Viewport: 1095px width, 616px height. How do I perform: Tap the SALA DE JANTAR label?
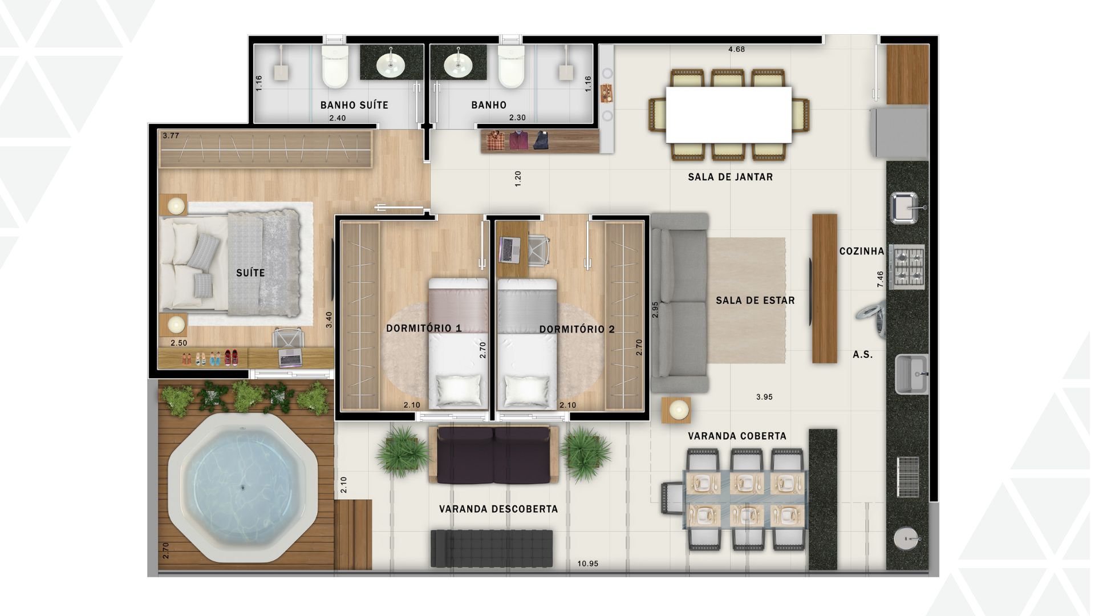pos(730,177)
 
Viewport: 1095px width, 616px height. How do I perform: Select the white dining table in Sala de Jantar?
pos(728,115)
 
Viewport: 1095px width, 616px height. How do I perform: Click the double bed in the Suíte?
pos(230,264)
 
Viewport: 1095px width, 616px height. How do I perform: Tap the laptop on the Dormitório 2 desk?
pos(509,250)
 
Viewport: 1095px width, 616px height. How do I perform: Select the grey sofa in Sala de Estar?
pos(680,302)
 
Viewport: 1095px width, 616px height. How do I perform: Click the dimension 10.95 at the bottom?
pos(587,564)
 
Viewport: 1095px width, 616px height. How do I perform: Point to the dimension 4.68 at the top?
pos(736,49)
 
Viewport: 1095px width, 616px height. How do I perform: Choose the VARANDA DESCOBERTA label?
pos(498,509)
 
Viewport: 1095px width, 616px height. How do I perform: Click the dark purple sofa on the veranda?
pos(493,455)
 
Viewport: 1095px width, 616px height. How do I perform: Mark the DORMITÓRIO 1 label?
pos(424,328)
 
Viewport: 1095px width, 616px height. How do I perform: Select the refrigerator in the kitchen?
pos(898,133)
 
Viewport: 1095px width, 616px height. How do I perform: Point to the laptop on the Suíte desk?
pos(290,358)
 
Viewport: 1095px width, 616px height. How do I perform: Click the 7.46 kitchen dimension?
pos(880,279)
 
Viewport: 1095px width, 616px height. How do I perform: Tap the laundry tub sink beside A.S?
pos(911,374)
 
